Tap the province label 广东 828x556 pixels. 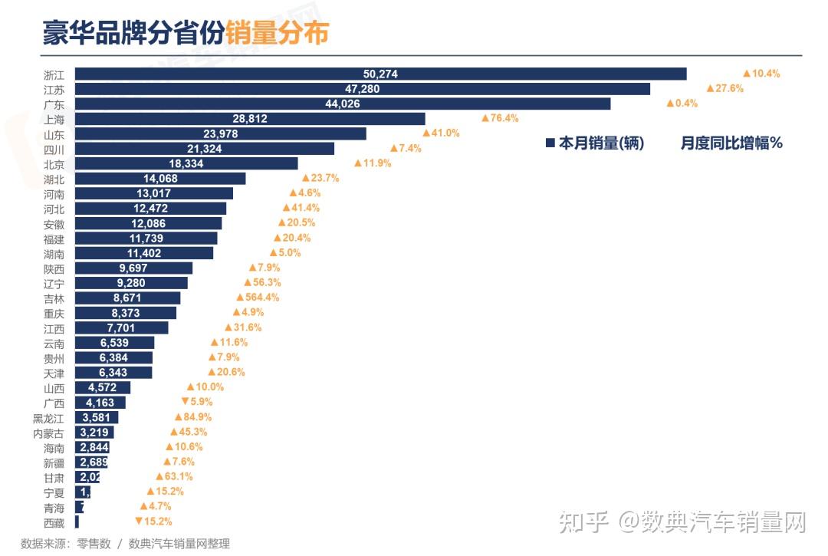pyautogui.click(x=54, y=104)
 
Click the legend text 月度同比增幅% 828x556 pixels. pyautogui.click(x=731, y=143)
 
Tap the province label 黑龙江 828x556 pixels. pyautogui.click(x=49, y=418)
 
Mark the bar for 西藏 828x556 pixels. pyautogui.click(x=77, y=522)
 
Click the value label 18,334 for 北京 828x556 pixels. pyautogui.click(x=186, y=163)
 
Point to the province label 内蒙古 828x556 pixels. pyautogui.click(x=49, y=433)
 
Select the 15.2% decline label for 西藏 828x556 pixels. pyautogui.click(x=153, y=522)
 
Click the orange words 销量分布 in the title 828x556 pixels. pyautogui.click(x=277, y=34)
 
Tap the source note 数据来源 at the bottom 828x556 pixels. pyautogui.click(x=45, y=544)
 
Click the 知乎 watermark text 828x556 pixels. pyautogui.click(x=584, y=523)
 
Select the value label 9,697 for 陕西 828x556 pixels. pyautogui.click(x=133, y=268)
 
